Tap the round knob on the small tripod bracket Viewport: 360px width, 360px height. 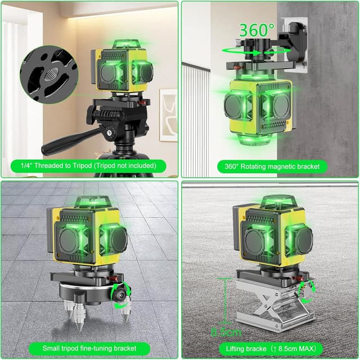pos(119,295)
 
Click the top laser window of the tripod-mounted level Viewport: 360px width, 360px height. pos(119,44)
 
